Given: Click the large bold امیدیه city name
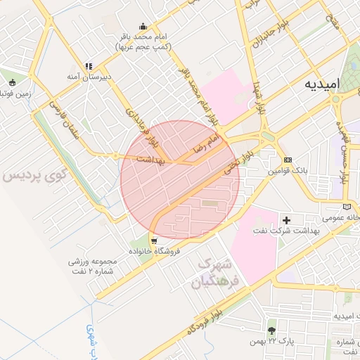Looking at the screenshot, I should click(322, 84).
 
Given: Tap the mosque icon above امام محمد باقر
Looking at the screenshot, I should click(143, 26).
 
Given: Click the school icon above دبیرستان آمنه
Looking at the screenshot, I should click(89, 66).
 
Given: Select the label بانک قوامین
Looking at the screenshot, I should click(288, 171).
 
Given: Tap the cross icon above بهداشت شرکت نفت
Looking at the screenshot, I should click(286, 220).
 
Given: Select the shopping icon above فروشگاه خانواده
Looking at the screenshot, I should click(153, 240).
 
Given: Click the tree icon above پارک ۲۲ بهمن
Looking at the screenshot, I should click(271, 330).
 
